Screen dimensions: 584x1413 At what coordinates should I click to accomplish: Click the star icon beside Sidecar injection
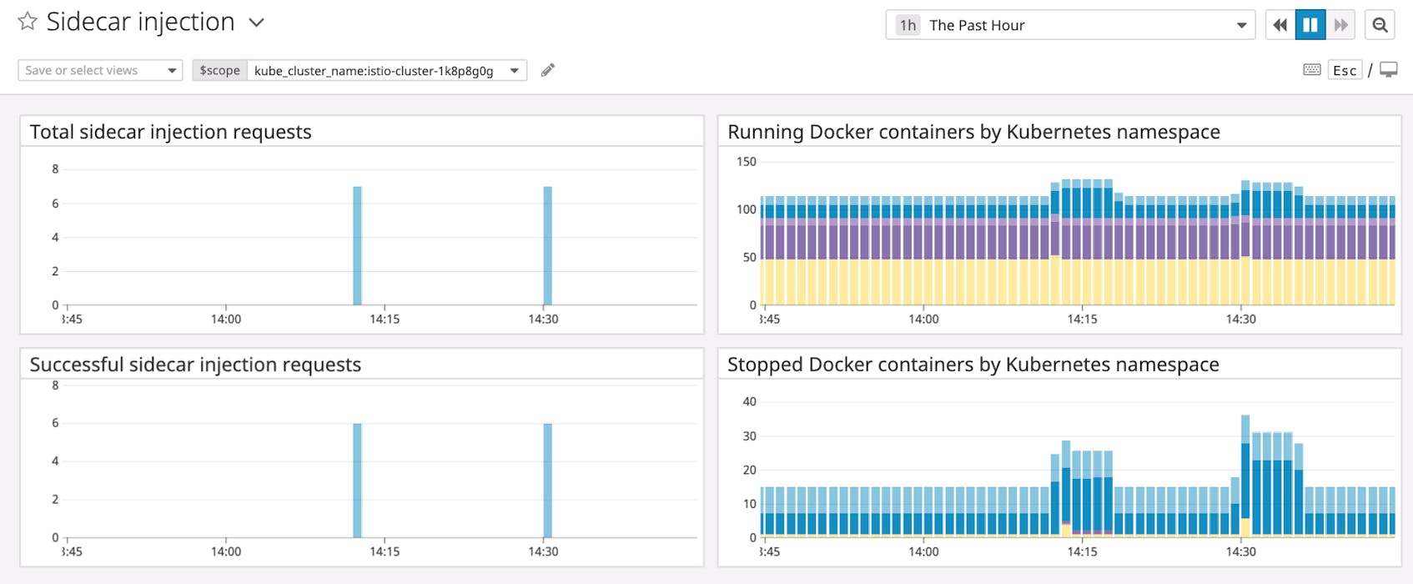(x=28, y=22)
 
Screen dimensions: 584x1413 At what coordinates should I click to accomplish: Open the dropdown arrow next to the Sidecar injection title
(x=257, y=23)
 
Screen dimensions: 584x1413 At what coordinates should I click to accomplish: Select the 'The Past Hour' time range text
(x=977, y=26)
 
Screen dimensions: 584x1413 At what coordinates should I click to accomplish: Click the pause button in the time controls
(x=1310, y=25)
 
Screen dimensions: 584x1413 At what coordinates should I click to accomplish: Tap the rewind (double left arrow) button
(x=1280, y=25)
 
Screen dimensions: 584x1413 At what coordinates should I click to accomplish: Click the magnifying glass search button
(x=1380, y=25)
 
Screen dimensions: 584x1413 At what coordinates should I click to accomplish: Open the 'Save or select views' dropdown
(x=100, y=71)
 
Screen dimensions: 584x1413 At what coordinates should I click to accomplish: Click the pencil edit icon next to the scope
(x=547, y=71)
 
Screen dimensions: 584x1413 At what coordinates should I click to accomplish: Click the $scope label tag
(x=219, y=71)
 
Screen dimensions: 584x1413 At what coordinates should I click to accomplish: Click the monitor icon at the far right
(x=1388, y=70)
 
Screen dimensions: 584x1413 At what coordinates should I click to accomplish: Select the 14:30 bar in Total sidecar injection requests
(x=548, y=245)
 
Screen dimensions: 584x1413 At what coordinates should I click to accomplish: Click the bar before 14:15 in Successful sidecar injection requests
(x=357, y=480)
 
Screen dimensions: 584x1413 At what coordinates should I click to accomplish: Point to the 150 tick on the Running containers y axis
(x=746, y=162)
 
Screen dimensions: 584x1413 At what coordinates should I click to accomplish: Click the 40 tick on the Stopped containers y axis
(x=749, y=402)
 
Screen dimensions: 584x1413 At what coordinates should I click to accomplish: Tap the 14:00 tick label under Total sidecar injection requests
(x=225, y=320)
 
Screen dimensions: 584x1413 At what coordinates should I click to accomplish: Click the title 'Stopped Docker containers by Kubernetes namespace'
(x=973, y=365)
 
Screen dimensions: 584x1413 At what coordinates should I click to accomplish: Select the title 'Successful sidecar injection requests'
(x=195, y=365)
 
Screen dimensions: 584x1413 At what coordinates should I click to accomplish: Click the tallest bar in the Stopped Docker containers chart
(x=1245, y=476)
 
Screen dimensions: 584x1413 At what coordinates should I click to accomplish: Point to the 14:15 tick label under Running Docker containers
(x=1082, y=320)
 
